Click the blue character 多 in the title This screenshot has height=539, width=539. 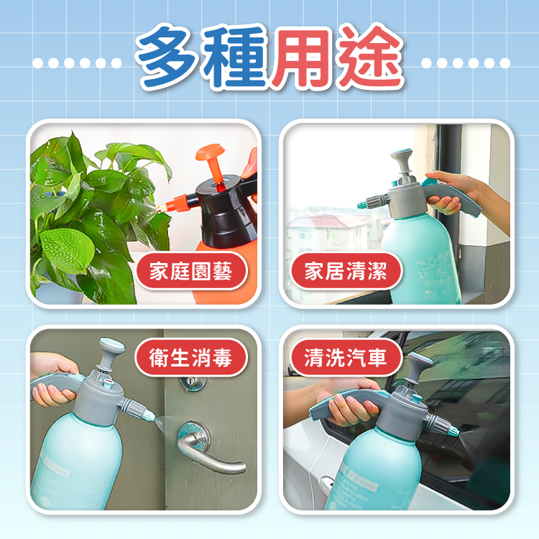pos(167,57)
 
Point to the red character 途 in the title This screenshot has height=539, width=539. pos(369,57)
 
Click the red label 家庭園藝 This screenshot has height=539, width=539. pos(191,270)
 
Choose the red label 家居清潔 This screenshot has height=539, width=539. pos(346,270)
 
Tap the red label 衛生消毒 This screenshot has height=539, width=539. pos(191,357)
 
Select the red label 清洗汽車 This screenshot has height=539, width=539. pos(346,357)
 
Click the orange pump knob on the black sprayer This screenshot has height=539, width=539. pos(211,153)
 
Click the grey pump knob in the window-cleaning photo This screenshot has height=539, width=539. pos(402,157)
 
